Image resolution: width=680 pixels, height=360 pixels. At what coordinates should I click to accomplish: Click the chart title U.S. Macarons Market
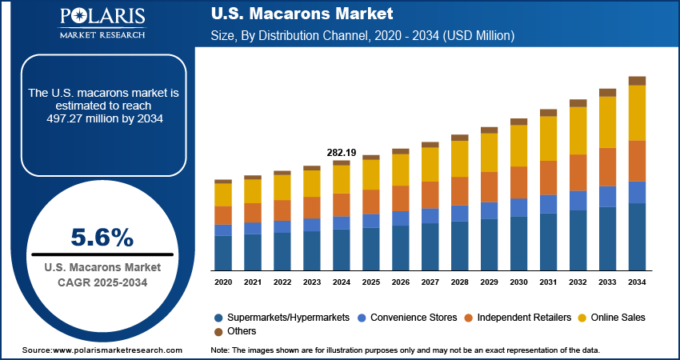pos(302,14)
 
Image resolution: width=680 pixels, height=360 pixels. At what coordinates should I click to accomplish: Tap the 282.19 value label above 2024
pos(342,152)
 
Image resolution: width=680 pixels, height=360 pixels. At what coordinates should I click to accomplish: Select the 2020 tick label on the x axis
pos(223,282)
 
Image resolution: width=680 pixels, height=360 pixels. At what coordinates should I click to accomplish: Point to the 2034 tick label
pos(637,282)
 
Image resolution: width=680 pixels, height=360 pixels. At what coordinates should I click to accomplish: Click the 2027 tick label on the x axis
pos(430,282)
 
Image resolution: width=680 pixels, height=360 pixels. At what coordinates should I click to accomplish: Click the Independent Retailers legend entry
pos(525,318)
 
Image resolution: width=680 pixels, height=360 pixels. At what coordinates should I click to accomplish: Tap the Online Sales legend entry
pos(615,318)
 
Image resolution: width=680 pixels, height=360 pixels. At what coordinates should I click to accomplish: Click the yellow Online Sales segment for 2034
pos(637,112)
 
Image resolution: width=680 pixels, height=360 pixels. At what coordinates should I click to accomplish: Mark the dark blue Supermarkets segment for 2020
pos(223,252)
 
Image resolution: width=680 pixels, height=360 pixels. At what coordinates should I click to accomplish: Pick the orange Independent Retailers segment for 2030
pos(519,182)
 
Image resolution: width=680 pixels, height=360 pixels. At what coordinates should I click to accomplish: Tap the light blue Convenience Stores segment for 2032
pos(578,200)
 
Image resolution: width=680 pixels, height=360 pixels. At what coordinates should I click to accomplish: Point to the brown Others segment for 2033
pos(608,92)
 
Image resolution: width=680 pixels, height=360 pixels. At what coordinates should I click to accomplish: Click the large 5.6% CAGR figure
pos(102,237)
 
